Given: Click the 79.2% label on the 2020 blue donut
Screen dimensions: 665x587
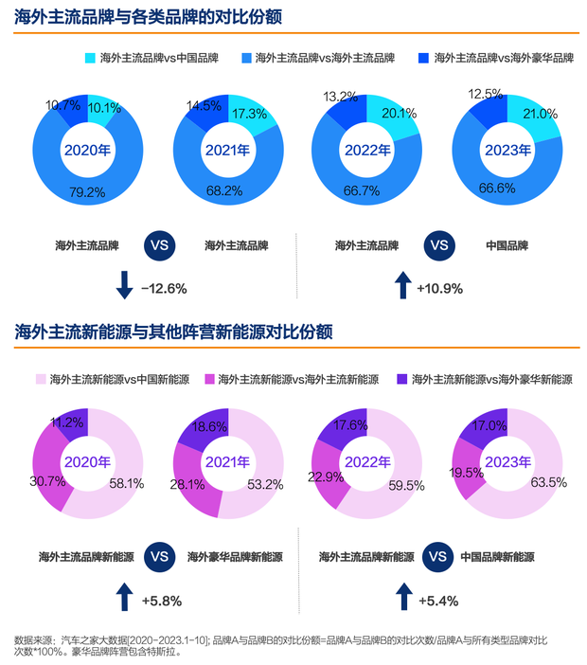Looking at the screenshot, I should click(x=87, y=191).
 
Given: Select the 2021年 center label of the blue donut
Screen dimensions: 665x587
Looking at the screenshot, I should click(x=227, y=150).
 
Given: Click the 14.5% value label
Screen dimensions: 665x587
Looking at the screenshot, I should click(x=204, y=103).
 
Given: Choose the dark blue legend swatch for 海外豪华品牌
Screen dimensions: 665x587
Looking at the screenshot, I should click(x=424, y=59).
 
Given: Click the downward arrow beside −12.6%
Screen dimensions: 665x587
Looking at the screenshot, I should click(x=123, y=285).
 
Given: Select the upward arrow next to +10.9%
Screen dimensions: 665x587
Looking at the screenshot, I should click(x=401, y=285).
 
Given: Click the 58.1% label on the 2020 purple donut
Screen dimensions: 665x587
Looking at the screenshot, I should click(x=126, y=483).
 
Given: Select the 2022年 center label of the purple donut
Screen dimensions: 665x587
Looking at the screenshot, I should click(x=365, y=462).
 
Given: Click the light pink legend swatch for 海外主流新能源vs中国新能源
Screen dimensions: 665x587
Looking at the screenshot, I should click(x=41, y=379).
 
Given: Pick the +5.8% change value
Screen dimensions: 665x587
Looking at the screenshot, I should click(x=161, y=601).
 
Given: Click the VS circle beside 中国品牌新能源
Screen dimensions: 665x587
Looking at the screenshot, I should click(x=436, y=556).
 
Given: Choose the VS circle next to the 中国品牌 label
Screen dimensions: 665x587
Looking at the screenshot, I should click(x=438, y=245).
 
